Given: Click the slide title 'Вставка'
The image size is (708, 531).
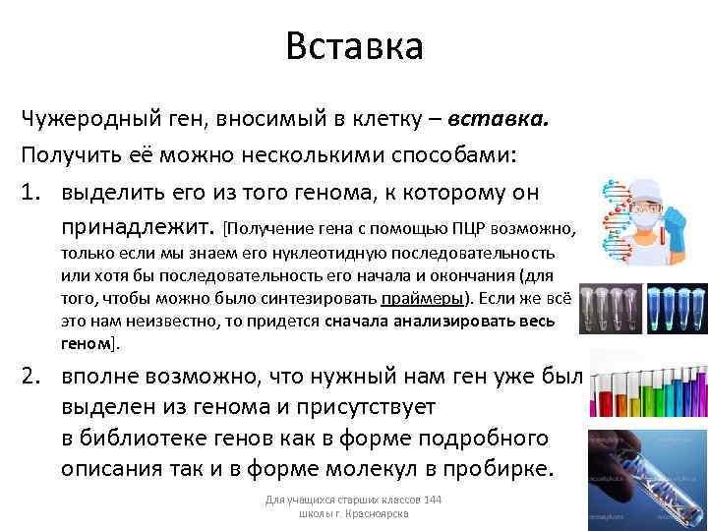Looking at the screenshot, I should tap(354, 46).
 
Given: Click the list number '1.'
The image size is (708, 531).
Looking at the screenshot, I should tap(36, 192).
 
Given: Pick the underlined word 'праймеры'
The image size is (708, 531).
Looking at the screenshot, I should tap(423, 299).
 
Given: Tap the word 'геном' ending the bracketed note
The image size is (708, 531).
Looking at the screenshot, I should tap(87, 343).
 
